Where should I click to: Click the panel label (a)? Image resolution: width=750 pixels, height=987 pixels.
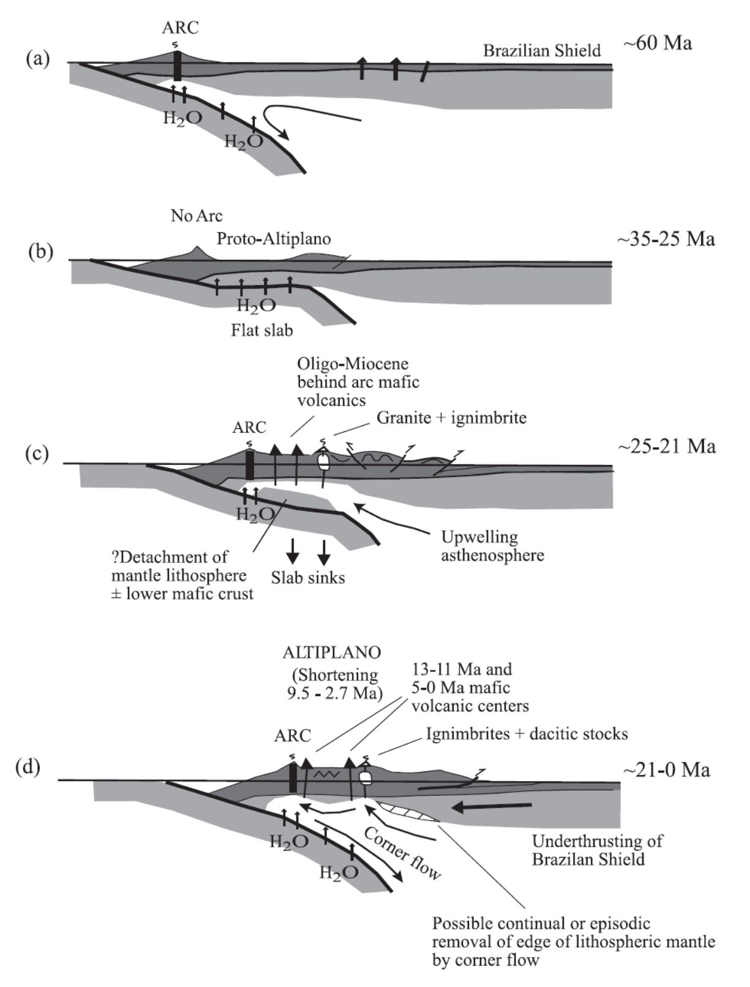(38, 59)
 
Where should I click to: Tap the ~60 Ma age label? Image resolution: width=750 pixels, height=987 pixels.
(658, 44)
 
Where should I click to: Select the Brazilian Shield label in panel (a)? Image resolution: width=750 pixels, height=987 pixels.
(542, 50)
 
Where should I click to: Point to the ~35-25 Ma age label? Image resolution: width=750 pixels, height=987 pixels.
(666, 238)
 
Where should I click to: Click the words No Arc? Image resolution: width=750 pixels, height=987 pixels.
(197, 216)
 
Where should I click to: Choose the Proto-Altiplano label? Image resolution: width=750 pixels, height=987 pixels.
(274, 238)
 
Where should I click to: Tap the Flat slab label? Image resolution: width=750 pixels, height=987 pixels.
(262, 330)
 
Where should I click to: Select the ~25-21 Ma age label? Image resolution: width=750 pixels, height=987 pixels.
(666, 446)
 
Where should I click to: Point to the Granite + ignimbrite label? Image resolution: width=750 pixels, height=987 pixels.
(451, 418)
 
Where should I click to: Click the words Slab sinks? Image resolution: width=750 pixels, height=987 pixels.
(309, 577)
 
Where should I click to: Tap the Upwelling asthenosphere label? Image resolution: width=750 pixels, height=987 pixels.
(492, 546)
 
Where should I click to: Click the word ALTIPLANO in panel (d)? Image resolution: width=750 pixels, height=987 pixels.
(332, 652)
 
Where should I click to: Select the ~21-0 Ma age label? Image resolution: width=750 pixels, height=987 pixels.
(666, 770)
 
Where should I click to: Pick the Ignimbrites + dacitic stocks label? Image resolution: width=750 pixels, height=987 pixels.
(527, 733)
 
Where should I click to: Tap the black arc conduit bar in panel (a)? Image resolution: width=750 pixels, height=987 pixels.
(178, 66)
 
